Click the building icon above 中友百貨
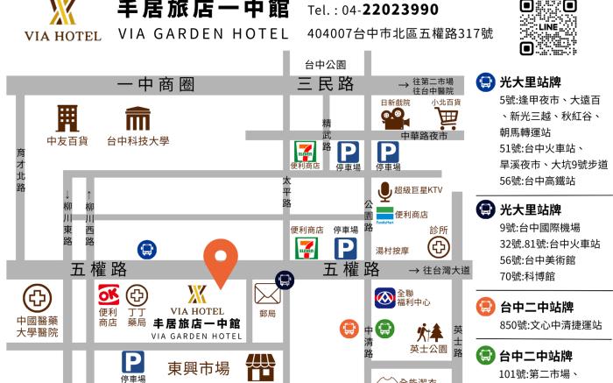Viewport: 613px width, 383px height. click(67, 117)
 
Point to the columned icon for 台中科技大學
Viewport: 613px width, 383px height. click(137, 118)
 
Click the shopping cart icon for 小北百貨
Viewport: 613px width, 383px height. click(447, 117)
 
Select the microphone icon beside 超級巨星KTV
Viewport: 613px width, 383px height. click(384, 191)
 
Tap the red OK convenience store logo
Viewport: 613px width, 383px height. click(108, 294)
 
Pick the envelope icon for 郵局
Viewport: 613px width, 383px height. click(266, 294)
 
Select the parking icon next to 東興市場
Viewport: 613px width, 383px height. click(132, 362)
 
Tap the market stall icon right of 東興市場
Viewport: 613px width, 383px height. click(260, 367)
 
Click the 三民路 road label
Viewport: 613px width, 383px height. click(326, 84)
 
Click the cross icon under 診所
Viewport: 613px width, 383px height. click(438, 246)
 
